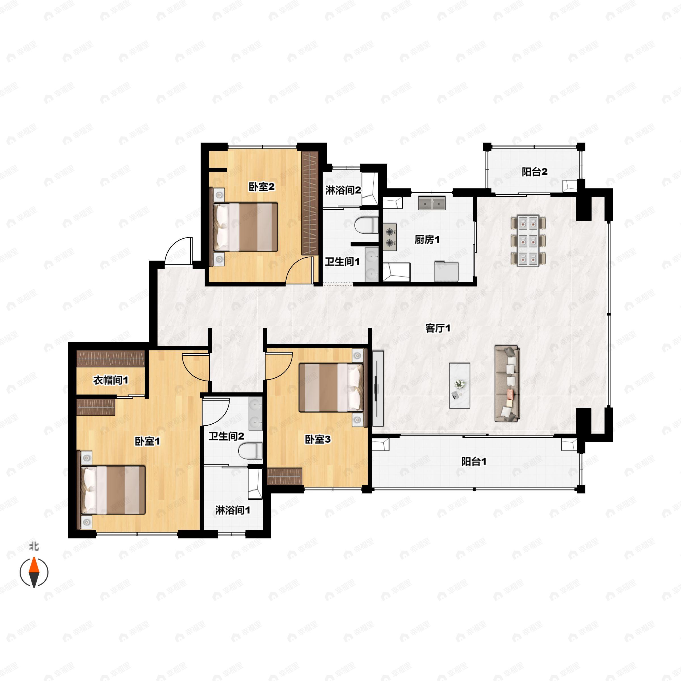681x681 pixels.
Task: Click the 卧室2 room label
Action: [x=262, y=187]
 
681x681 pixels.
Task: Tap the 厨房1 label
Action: [x=427, y=240]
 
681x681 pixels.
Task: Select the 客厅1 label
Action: [x=438, y=329]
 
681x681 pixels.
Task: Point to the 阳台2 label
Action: [x=535, y=172]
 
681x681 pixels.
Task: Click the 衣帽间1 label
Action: [x=110, y=380]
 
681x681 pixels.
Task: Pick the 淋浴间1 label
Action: [x=233, y=510]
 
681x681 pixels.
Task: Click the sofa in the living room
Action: [x=507, y=384]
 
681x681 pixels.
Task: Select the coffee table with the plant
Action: [x=460, y=386]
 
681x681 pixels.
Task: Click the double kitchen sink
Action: [x=432, y=203]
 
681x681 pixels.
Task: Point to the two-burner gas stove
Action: [x=390, y=237]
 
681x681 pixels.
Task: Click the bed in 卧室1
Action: [x=113, y=490]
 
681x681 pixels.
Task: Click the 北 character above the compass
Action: [x=34, y=546]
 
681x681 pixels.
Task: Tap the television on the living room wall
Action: [x=377, y=388]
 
